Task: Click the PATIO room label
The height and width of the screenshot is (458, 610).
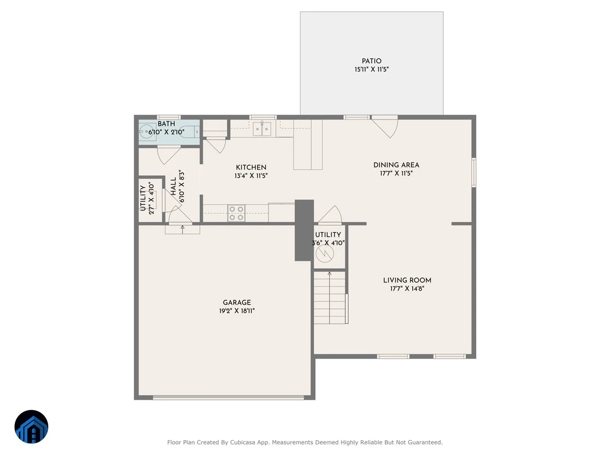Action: pos(371,61)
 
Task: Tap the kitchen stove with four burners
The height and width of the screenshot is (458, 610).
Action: pos(236,213)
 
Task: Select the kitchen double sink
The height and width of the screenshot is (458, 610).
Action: pos(262,129)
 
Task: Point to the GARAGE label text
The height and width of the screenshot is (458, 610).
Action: pos(237,302)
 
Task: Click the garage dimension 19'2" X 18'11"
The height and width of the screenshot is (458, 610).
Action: pos(237,310)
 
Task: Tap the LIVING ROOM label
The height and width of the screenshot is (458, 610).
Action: pos(407,280)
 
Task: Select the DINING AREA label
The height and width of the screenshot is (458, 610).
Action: pos(396,165)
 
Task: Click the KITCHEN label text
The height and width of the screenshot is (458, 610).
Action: pos(251,167)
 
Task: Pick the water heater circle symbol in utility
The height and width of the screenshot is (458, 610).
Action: pos(325,253)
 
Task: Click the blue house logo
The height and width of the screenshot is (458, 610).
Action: pos(32,426)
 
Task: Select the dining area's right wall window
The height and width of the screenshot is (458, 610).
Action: pos(474,172)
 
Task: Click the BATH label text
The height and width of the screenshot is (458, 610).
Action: pos(166,124)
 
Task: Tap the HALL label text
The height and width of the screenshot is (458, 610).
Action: pos(173,186)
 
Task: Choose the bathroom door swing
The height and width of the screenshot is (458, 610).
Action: pos(168,155)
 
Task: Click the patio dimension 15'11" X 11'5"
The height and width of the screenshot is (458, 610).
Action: pos(371,69)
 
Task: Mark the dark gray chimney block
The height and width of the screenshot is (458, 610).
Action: pos(304,230)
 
